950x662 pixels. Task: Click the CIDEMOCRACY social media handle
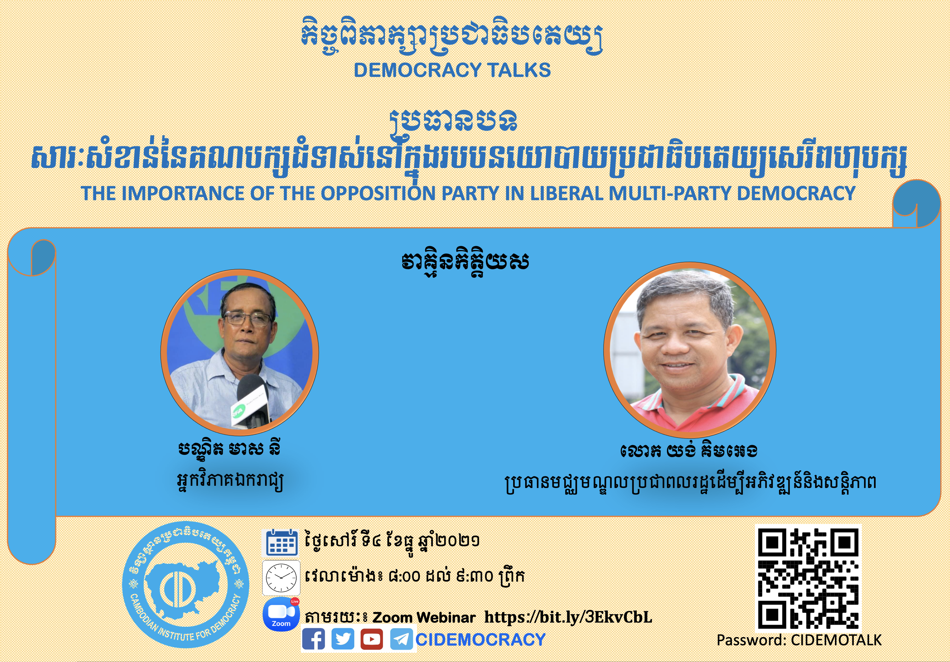pos(480,640)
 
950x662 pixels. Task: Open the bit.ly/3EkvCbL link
pos(568,617)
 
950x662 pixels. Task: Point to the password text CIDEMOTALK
pos(836,640)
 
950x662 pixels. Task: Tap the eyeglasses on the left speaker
pos(247,319)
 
